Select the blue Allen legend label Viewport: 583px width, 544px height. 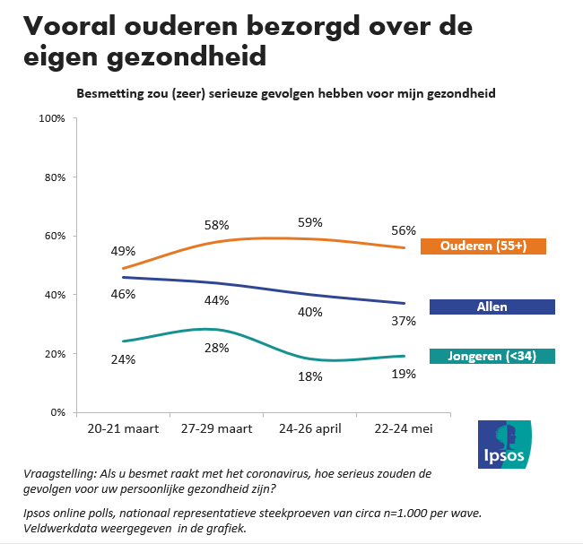tap(492, 307)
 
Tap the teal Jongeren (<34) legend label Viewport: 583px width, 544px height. tap(492, 356)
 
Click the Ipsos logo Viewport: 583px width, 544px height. tap(504, 444)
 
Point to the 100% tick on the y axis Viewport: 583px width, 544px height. tap(50, 118)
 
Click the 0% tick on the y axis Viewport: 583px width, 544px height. tap(56, 412)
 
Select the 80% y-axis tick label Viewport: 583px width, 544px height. tap(53, 177)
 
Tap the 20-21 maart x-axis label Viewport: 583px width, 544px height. tap(123, 429)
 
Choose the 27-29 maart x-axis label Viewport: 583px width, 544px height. tap(216, 429)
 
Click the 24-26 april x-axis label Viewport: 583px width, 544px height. tap(310, 429)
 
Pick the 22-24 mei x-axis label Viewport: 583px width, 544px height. tap(403, 429)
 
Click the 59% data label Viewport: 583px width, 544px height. tap(310, 222)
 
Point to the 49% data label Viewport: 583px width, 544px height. tap(123, 251)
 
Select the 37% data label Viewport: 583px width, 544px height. tap(404, 321)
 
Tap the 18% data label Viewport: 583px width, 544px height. tap(310, 376)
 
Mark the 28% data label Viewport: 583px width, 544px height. tap(217, 347)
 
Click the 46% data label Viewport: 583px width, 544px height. tap(123, 292)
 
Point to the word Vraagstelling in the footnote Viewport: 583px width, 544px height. tap(60, 474)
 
